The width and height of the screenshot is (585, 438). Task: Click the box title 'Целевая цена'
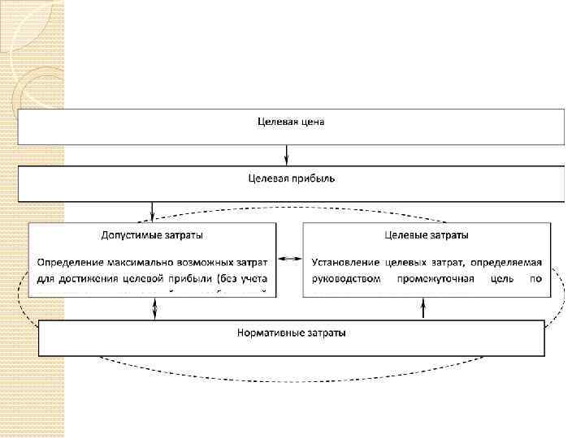290,122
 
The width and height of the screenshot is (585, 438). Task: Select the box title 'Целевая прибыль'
290,178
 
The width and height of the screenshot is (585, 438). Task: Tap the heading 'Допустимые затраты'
152,235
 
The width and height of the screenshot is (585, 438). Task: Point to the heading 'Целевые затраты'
426,235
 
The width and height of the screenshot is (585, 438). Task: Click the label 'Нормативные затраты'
291,333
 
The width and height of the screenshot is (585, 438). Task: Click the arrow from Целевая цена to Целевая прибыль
286,154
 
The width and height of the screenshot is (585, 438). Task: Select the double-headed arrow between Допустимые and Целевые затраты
289,260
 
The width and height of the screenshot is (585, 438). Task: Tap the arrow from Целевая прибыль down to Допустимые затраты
152,211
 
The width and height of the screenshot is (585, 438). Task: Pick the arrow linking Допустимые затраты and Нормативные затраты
154,309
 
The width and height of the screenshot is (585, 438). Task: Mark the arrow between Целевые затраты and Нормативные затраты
423,309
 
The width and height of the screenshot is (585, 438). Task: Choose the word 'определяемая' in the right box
519,262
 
